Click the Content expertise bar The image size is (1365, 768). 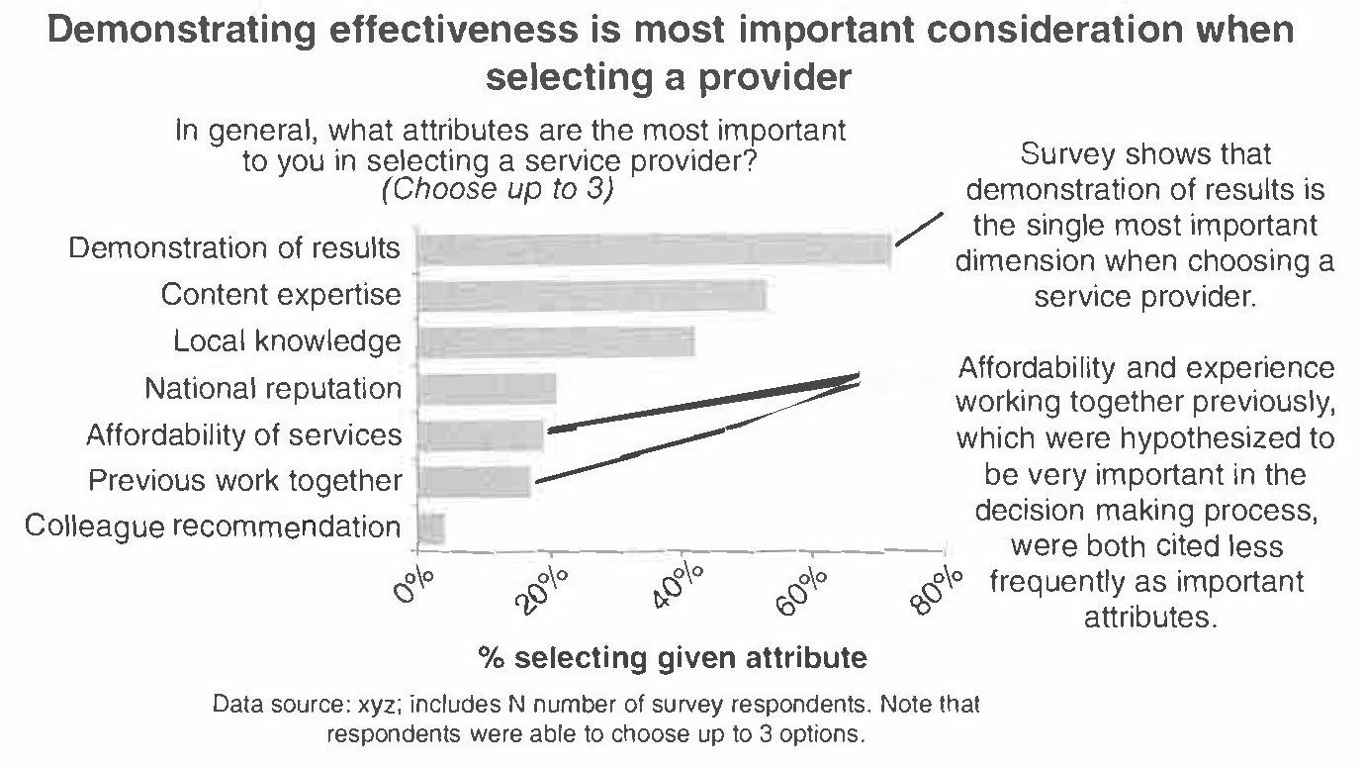click(591, 296)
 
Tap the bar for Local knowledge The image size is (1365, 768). click(555, 342)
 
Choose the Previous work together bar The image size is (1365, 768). click(474, 481)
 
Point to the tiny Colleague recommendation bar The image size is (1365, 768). click(430, 528)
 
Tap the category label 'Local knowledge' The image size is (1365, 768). click(287, 341)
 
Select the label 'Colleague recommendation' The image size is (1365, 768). click(213, 527)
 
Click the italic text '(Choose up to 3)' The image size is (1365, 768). click(498, 189)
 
